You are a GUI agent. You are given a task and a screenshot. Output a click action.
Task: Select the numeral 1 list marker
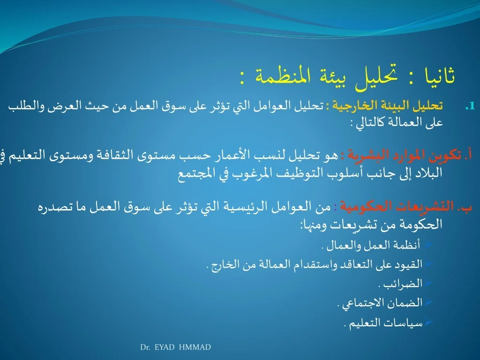(470, 106)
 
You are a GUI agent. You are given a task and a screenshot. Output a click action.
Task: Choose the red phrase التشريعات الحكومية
(397, 207)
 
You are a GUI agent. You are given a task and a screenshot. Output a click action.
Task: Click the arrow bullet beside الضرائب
(428, 283)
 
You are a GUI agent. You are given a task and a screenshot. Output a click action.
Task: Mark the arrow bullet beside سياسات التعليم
(428, 322)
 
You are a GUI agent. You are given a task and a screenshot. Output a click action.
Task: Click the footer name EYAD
(165, 347)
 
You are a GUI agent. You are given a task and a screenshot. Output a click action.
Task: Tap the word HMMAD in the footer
(195, 347)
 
